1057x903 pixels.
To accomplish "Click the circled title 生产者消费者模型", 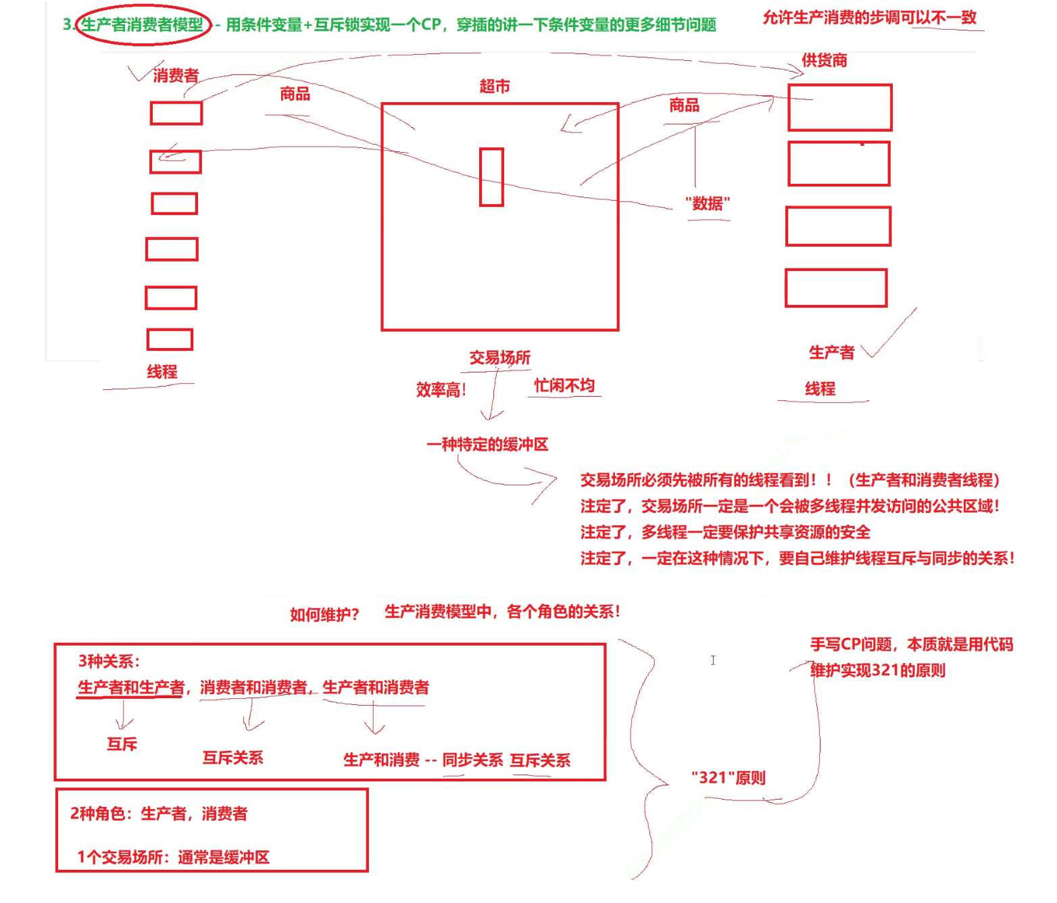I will (143, 25).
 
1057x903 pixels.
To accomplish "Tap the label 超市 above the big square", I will (495, 87).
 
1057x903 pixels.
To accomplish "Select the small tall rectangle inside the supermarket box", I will (491, 177).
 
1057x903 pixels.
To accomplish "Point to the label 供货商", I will (825, 60).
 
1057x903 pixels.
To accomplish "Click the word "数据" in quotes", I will (708, 203).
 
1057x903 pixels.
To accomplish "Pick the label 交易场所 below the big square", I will (500, 358).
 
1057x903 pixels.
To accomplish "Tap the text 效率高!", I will (441, 390).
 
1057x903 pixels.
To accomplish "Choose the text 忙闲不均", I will (564, 385).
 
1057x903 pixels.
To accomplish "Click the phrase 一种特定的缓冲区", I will (487, 445).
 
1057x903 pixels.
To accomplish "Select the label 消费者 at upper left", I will (176, 75).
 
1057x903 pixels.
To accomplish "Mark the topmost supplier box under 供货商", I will (840, 107).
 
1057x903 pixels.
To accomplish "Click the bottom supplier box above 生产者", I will (836, 288).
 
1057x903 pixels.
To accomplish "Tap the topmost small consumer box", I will (176, 114).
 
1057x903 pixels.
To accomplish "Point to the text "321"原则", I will (728, 778).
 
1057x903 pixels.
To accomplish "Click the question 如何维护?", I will (324, 614).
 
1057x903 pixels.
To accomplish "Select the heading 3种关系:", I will (109, 661).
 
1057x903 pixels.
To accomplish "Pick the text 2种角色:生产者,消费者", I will (159, 814).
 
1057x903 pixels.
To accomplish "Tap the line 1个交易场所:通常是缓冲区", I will (173, 857).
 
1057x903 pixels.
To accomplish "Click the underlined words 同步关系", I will (472, 760).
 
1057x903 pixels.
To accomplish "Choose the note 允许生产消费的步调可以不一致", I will (870, 18).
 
